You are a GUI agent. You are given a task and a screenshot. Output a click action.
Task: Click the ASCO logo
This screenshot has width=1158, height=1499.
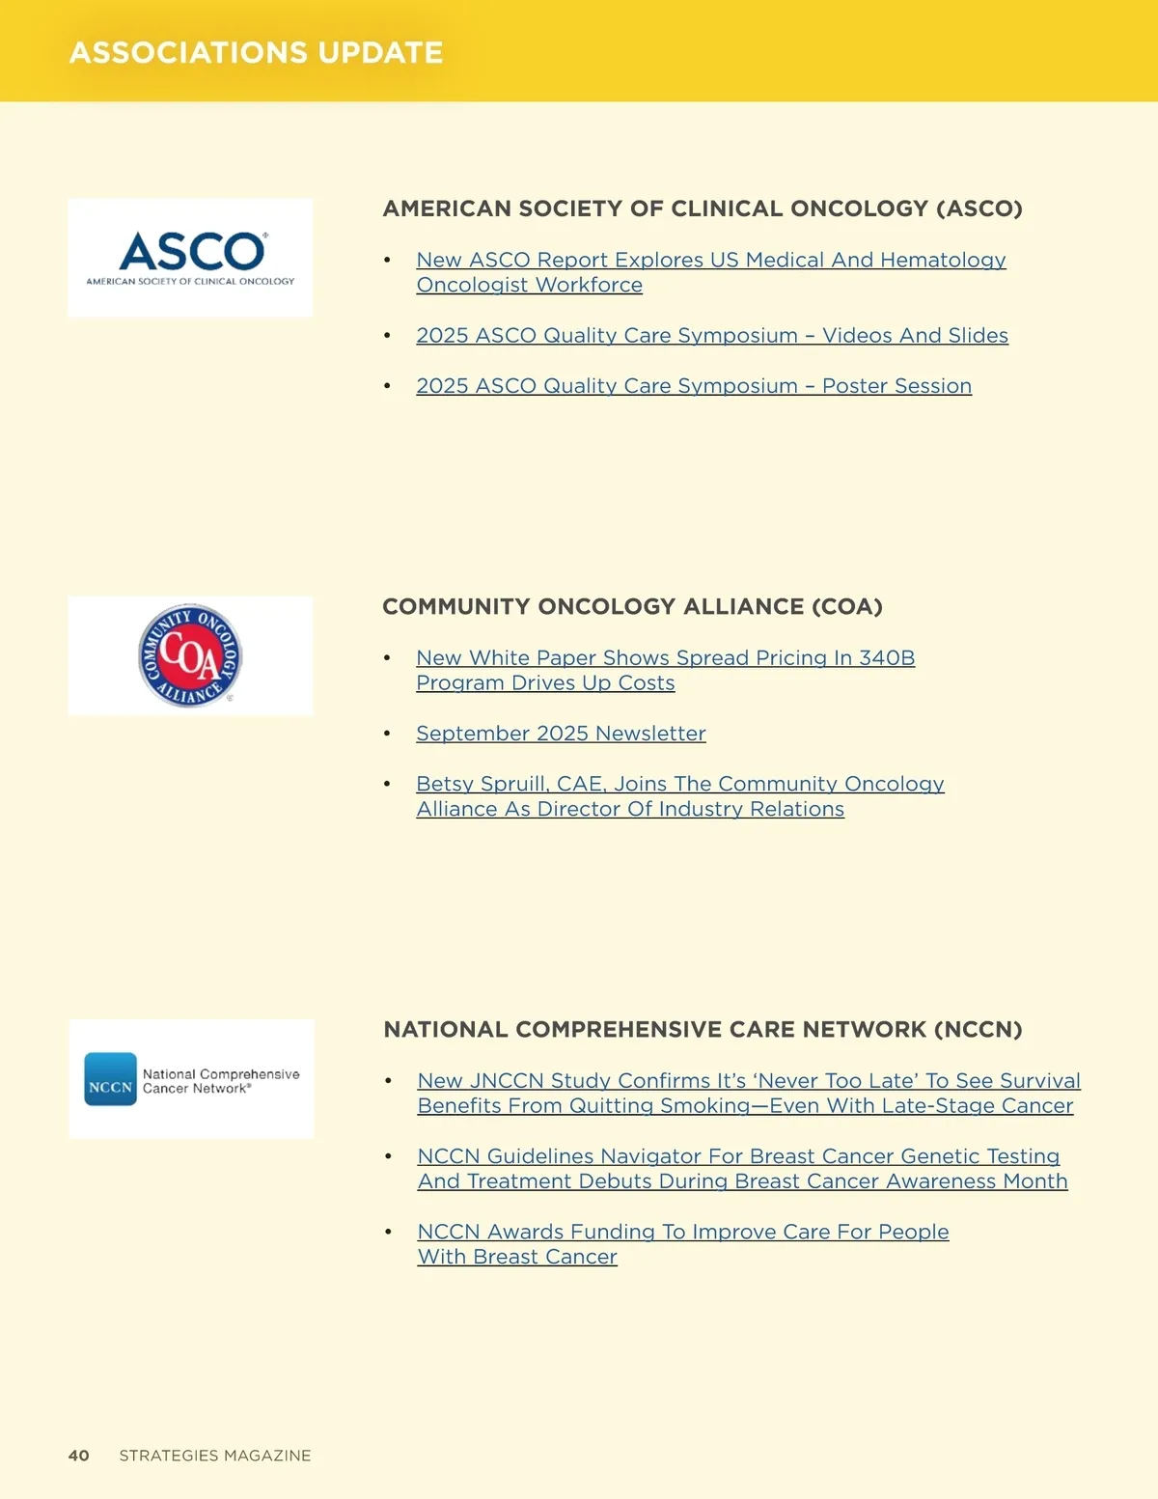pyautogui.click(x=190, y=257)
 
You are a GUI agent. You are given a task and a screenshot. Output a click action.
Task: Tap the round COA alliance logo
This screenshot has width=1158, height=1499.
pyautogui.click(x=190, y=656)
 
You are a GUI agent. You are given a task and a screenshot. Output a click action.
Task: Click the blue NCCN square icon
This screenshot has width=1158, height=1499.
pyautogui.click(x=110, y=1079)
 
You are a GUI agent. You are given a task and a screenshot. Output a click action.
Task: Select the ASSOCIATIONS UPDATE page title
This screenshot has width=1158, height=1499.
pyautogui.click(x=256, y=52)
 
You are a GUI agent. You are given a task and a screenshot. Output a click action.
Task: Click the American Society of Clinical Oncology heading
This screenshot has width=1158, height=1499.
pyautogui.click(x=703, y=208)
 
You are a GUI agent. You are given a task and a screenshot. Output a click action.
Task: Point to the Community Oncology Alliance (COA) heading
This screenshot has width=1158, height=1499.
pyautogui.click(x=632, y=606)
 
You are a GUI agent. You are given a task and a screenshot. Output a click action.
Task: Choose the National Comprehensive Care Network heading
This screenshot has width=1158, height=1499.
pyautogui.click(x=703, y=1029)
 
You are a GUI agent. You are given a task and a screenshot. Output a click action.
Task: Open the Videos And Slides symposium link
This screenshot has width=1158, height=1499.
pyautogui.click(x=712, y=335)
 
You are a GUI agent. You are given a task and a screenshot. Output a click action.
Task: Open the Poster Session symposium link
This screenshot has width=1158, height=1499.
pyautogui.click(x=694, y=385)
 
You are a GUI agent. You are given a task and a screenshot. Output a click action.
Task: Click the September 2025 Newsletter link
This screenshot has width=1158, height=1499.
pyautogui.click(x=561, y=733)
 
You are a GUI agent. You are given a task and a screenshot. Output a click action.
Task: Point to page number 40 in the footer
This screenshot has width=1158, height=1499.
pyautogui.click(x=78, y=1456)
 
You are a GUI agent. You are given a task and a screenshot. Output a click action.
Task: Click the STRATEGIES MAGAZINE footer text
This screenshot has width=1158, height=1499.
pyautogui.click(x=215, y=1456)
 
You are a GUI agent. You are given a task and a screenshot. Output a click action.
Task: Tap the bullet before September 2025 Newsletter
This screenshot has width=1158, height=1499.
pyautogui.click(x=387, y=734)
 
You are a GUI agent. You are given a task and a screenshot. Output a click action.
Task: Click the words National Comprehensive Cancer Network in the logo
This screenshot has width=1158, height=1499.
pyautogui.click(x=220, y=1081)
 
